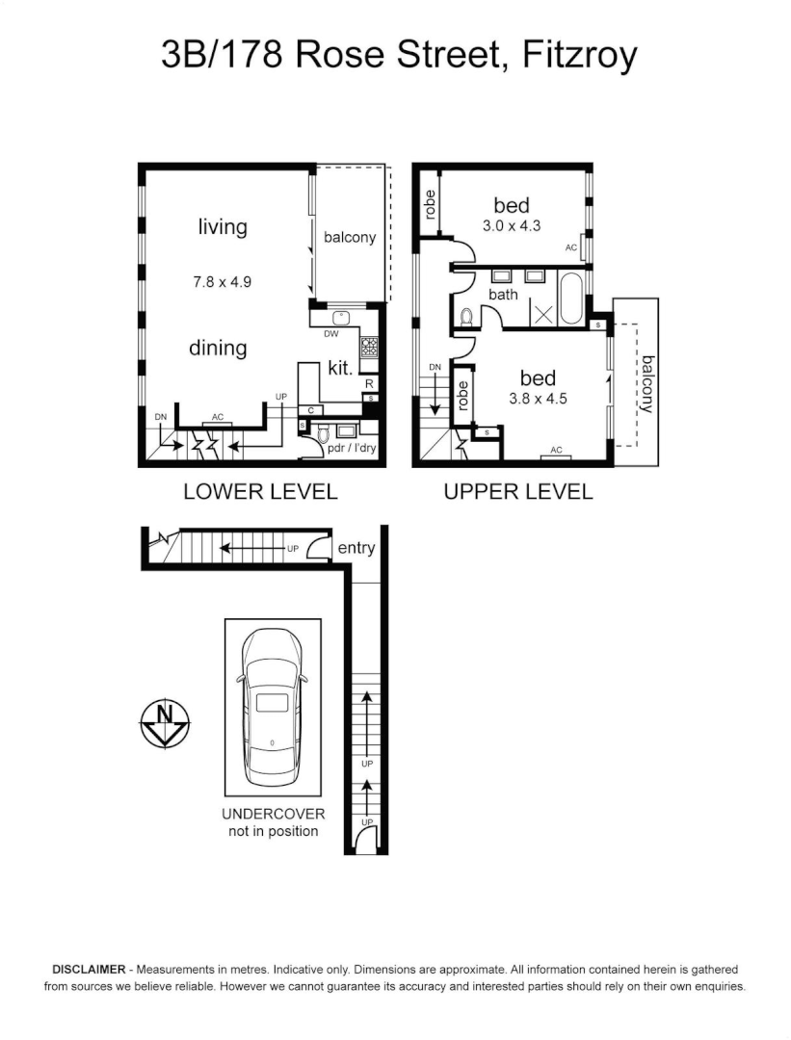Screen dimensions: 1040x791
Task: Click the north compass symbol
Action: (165, 721)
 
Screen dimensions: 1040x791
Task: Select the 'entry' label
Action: (356, 548)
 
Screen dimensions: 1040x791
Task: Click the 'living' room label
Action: (223, 227)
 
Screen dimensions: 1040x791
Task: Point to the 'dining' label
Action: (218, 348)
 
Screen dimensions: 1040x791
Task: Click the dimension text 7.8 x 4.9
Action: (222, 282)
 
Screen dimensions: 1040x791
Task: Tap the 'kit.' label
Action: (340, 367)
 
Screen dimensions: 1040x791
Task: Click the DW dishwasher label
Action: (330, 335)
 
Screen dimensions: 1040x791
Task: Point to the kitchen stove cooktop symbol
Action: (368, 347)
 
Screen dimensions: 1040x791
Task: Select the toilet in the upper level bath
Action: (465, 316)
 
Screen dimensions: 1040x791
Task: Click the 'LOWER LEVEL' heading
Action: (260, 492)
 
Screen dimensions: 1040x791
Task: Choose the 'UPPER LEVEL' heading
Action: (517, 492)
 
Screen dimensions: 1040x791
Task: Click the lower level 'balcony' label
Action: (349, 237)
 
